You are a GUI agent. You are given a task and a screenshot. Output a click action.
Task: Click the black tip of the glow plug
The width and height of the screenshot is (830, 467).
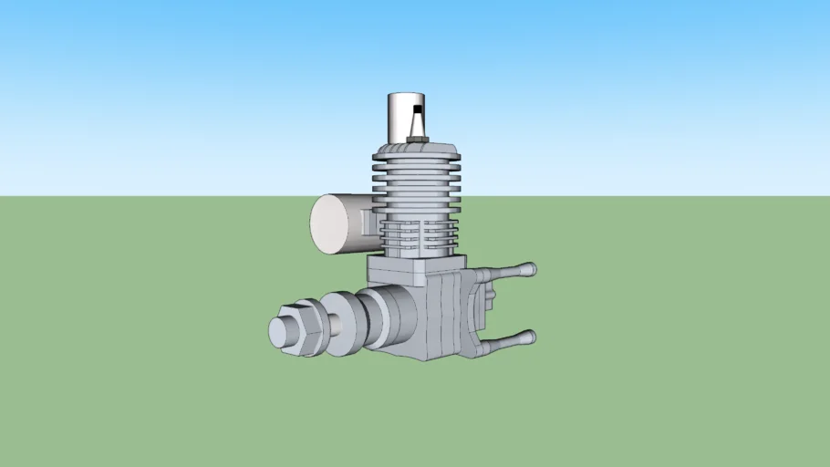pos(418,109)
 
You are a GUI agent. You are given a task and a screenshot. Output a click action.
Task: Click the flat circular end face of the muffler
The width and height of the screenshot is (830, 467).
pos(335,224)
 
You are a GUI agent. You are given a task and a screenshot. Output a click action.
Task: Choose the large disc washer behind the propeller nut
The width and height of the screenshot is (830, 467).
pos(339,323)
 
